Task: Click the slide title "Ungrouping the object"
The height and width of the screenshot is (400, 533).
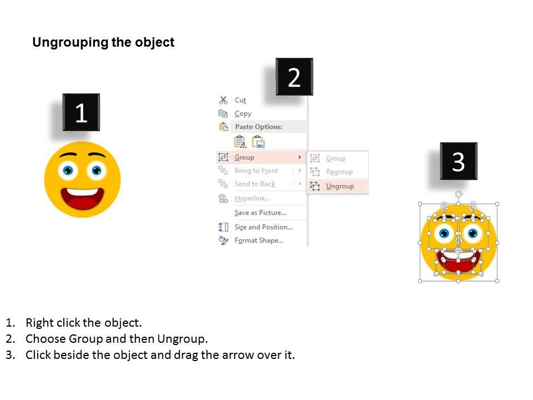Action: point(103,43)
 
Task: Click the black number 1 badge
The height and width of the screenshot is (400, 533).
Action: point(81,113)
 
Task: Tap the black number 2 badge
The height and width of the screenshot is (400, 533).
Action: point(294,77)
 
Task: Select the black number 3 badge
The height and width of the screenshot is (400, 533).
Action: point(458,162)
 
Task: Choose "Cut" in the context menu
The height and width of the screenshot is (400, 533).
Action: point(240,100)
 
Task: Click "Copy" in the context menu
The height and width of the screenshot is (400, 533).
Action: point(243,113)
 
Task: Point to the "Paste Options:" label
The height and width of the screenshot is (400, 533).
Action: point(258,127)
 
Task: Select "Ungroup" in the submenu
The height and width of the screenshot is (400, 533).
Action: point(340,186)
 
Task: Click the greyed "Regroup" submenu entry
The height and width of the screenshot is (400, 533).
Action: point(339,172)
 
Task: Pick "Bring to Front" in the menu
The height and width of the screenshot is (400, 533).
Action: point(256,171)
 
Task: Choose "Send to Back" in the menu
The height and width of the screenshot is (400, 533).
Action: point(255,184)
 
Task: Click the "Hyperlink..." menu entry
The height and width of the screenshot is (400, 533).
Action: point(252,198)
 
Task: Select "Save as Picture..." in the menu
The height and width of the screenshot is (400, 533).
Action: point(260,213)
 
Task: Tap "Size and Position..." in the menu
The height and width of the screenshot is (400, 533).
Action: point(263,227)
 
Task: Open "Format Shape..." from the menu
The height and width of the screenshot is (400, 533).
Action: point(259,241)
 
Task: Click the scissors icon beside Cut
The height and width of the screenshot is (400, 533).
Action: point(223,100)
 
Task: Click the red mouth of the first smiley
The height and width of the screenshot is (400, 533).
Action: point(82,200)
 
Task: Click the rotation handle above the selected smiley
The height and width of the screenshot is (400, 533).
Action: point(459,194)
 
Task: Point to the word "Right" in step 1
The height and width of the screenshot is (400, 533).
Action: point(39,323)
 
